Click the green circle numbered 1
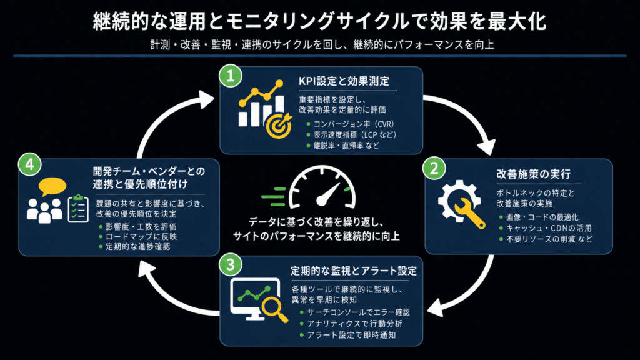coord(231,76)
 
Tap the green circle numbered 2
coord(434,168)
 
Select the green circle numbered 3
coord(231,264)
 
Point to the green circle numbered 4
coord(30,164)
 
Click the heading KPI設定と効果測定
coord(344,81)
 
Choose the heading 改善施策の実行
coord(534,174)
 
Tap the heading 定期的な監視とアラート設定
coord(354,271)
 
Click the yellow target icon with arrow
coord(279,126)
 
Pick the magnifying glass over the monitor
coord(275,309)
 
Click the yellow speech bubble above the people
coord(52,186)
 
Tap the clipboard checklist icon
coord(78,209)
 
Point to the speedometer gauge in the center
coord(322,187)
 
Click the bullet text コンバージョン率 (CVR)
coord(354,124)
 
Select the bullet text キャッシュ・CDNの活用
coord(549,228)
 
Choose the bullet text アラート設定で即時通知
coord(351,335)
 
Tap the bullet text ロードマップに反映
coord(141,237)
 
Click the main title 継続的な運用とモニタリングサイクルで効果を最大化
coord(319,21)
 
